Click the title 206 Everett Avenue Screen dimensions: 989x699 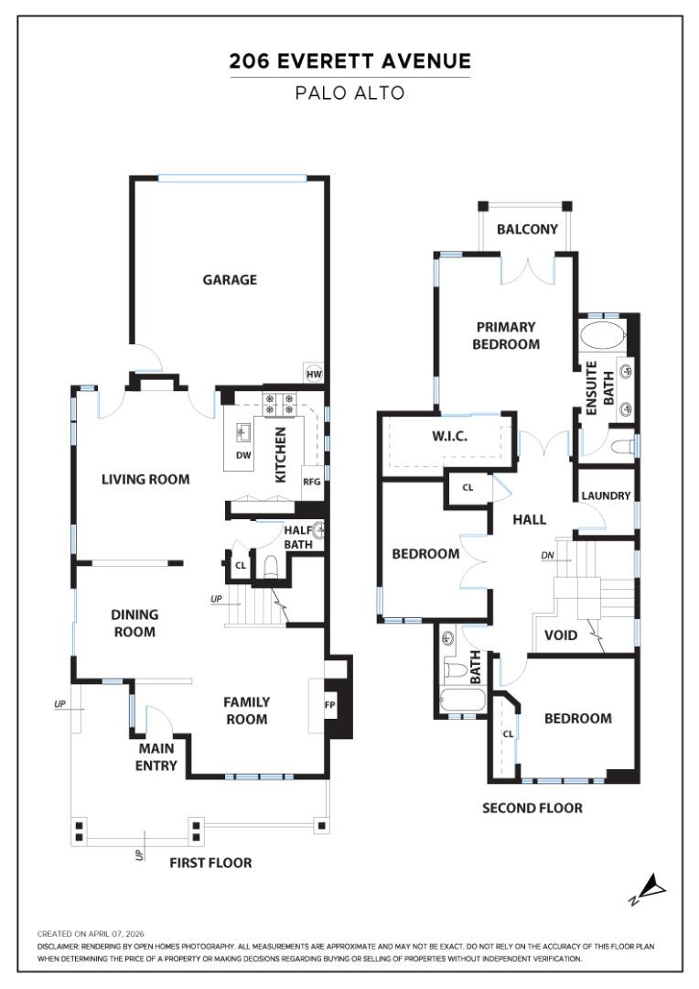(x=349, y=62)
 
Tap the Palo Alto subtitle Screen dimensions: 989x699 (x=349, y=93)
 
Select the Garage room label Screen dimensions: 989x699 (x=230, y=280)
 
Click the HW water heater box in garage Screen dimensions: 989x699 (x=314, y=374)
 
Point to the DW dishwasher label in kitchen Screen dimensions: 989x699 (x=243, y=455)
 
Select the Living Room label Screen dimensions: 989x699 (x=145, y=479)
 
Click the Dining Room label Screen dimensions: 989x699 (x=134, y=624)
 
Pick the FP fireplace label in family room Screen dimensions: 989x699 (x=330, y=705)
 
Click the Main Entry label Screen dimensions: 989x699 (x=156, y=757)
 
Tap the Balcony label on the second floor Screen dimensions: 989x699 (x=527, y=229)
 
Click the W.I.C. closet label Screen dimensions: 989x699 (x=449, y=437)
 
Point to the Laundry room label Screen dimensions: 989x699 (x=606, y=495)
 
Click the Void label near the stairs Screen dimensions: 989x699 (x=560, y=635)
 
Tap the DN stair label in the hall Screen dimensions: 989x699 (x=548, y=556)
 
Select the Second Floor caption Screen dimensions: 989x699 (x=532, y=808)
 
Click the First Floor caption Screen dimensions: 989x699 (x=210, y=863)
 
